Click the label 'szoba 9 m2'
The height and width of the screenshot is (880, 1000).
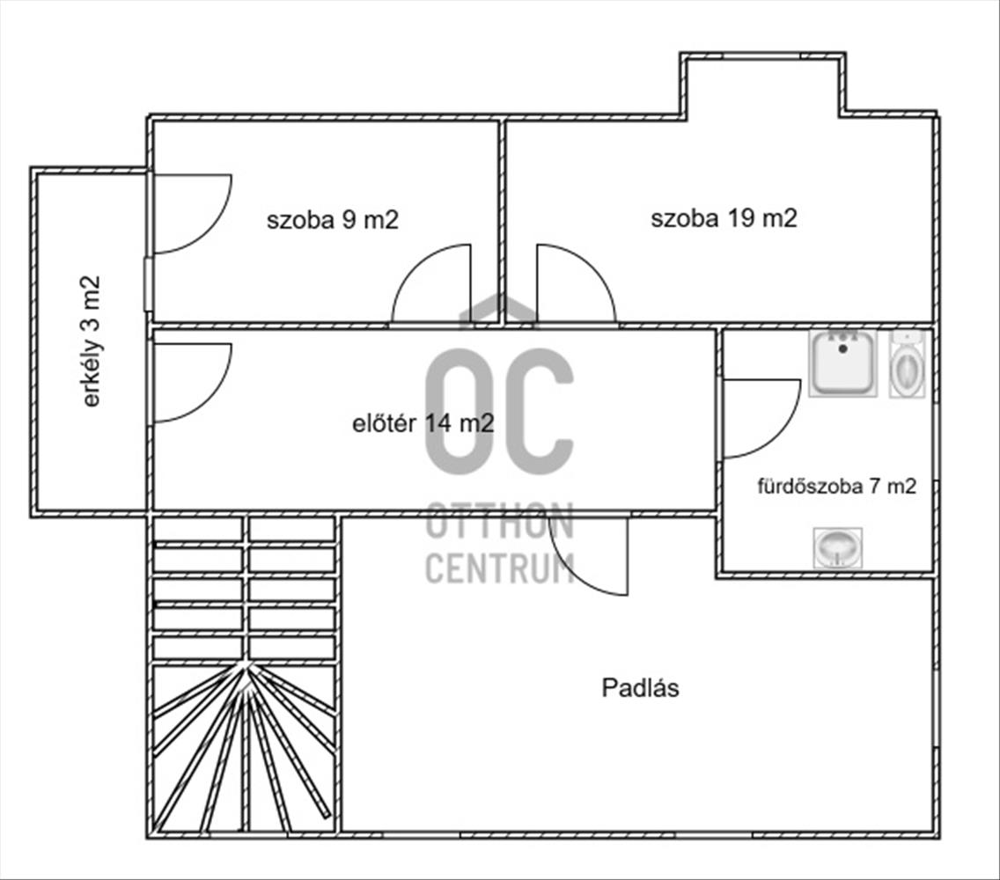[x=332, y=220]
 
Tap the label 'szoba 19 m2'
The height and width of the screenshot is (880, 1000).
[x=724, y=218]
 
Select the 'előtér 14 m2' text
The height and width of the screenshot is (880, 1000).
[x=423, y=423]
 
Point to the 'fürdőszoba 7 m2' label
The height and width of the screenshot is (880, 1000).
[x=837, y=486]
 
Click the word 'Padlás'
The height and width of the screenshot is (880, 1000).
[x=640, y=688]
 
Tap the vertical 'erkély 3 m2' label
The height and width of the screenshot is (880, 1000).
[x=92, y=341]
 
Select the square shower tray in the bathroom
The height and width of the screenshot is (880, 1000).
[x=842, y=363]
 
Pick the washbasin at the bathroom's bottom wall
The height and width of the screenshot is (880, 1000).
[x=838, y=547]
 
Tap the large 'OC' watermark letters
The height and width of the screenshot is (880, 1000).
[x=499, y=411]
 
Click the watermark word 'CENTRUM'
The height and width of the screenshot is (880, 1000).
[x=499, y=568]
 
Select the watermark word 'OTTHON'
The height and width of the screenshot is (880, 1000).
[x=499, y=521]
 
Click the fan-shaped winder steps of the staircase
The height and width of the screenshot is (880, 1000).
[x=244, y=747]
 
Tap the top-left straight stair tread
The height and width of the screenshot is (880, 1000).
[x=198, y=529]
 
